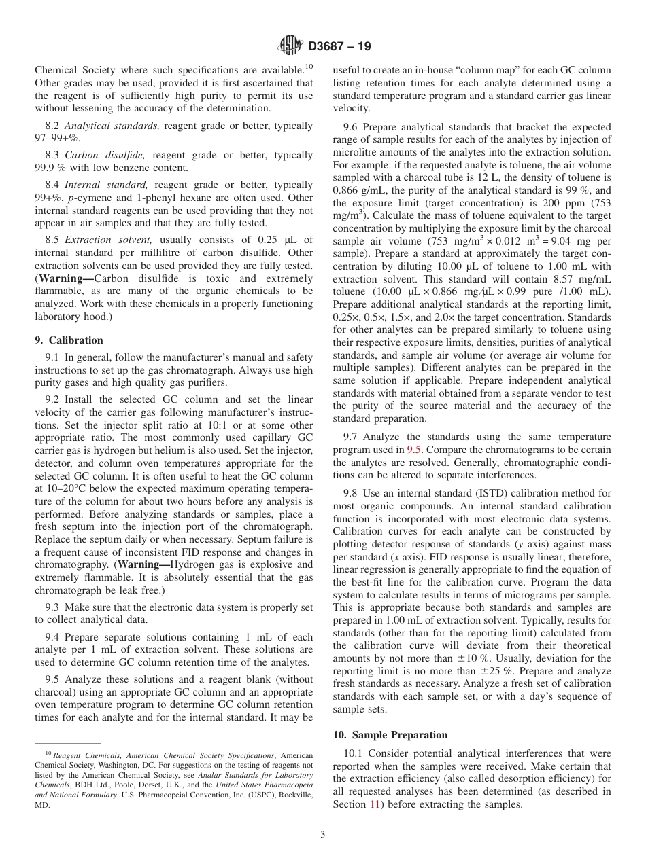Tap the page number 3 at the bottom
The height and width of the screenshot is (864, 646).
(323, 834)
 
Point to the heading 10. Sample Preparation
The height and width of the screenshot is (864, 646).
(390, 735)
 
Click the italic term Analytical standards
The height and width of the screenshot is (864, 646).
(112, 126)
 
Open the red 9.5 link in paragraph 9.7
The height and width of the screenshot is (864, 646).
(414, 450)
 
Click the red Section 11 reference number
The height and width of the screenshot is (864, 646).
(372, 804)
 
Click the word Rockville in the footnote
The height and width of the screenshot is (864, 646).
(293, 794)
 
